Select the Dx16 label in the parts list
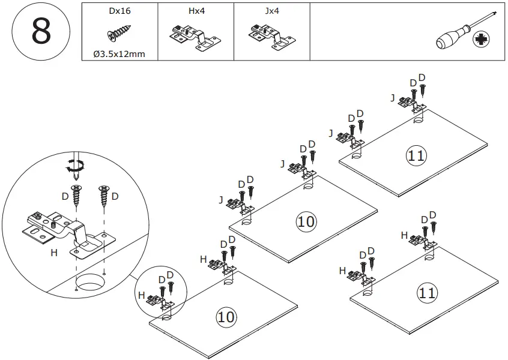(x=119, y=11)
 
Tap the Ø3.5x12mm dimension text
(x=119, y=54)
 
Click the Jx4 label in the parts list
(x=271, y=11)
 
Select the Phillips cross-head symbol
(x=482, y=41)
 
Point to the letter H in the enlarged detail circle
(x=54, y=253)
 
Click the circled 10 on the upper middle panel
(x=306, y=221)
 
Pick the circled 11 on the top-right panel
(x=416, y=155)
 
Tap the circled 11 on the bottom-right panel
(x=427, y=293)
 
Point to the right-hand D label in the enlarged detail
(x=115, y=196)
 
